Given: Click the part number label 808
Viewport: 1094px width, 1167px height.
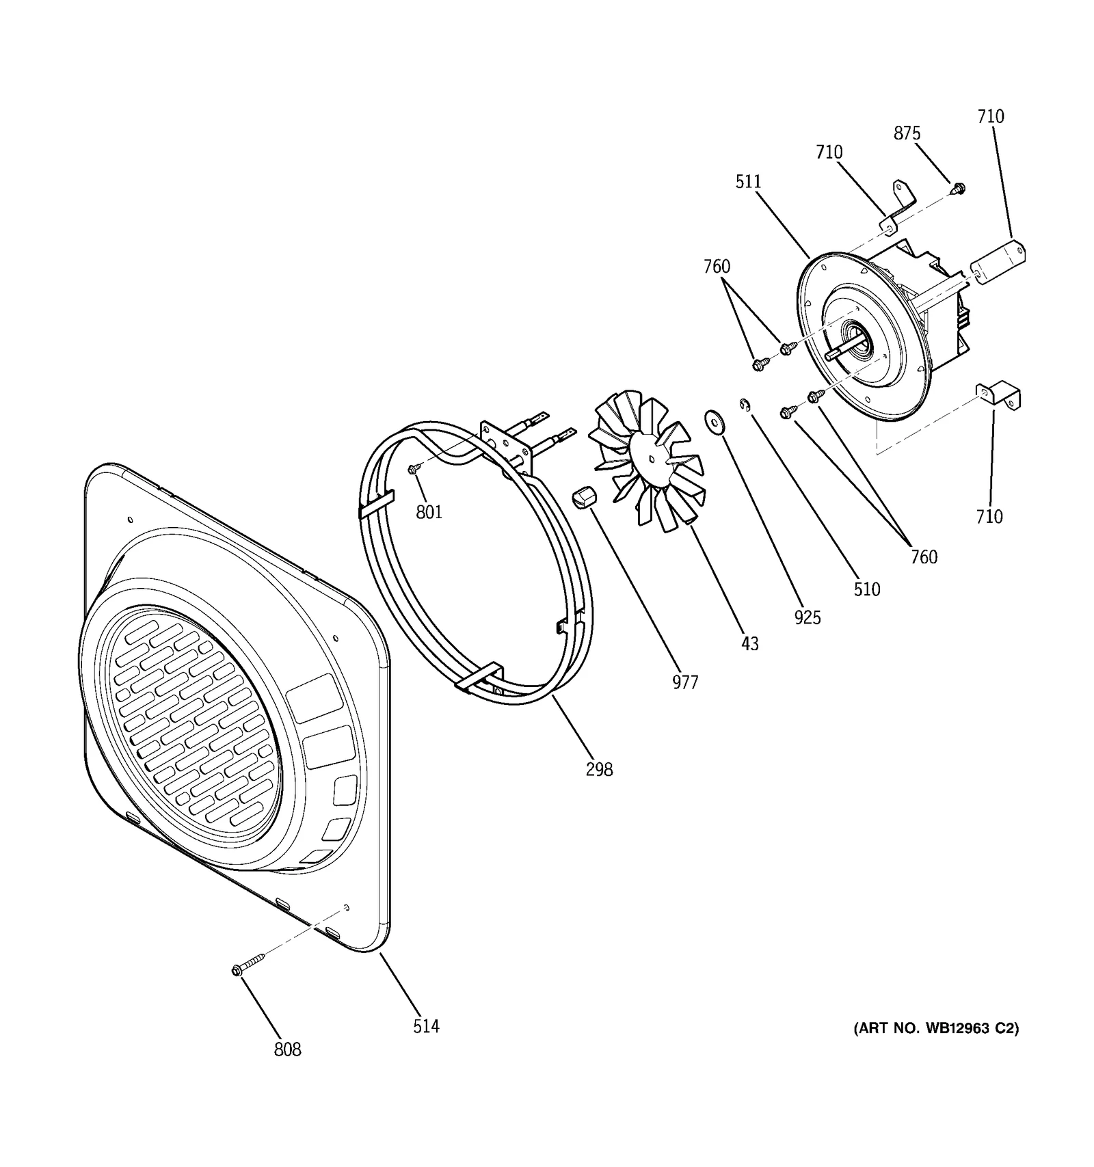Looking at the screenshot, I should pos(287,1049).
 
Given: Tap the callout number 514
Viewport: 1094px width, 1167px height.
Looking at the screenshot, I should pos(425,1025).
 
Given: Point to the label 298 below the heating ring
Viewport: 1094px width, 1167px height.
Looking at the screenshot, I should pos(599,769).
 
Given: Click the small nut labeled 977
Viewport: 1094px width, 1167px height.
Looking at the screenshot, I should pos(584,497).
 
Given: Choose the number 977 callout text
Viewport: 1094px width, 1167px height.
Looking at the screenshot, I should pos(684,682).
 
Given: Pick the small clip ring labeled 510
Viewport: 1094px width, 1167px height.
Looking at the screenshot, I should pos(745,407).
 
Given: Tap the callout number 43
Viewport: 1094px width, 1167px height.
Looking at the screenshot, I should pos(749,643).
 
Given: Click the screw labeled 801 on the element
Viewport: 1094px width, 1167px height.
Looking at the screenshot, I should pos(413,469).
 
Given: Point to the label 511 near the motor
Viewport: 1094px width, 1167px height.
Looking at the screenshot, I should pos(748,181).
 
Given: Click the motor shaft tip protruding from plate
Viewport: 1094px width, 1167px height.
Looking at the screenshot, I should pos(830,356).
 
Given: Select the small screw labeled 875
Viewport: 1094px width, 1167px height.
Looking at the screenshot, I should pos(958,187).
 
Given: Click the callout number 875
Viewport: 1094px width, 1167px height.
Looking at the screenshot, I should pos(907,133).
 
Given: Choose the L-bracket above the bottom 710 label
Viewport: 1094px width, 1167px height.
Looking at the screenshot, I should pos(1000,397).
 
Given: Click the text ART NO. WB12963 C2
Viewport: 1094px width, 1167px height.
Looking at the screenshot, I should pos(935,1028).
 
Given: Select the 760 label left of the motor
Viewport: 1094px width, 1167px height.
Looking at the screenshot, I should pos(717,266).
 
